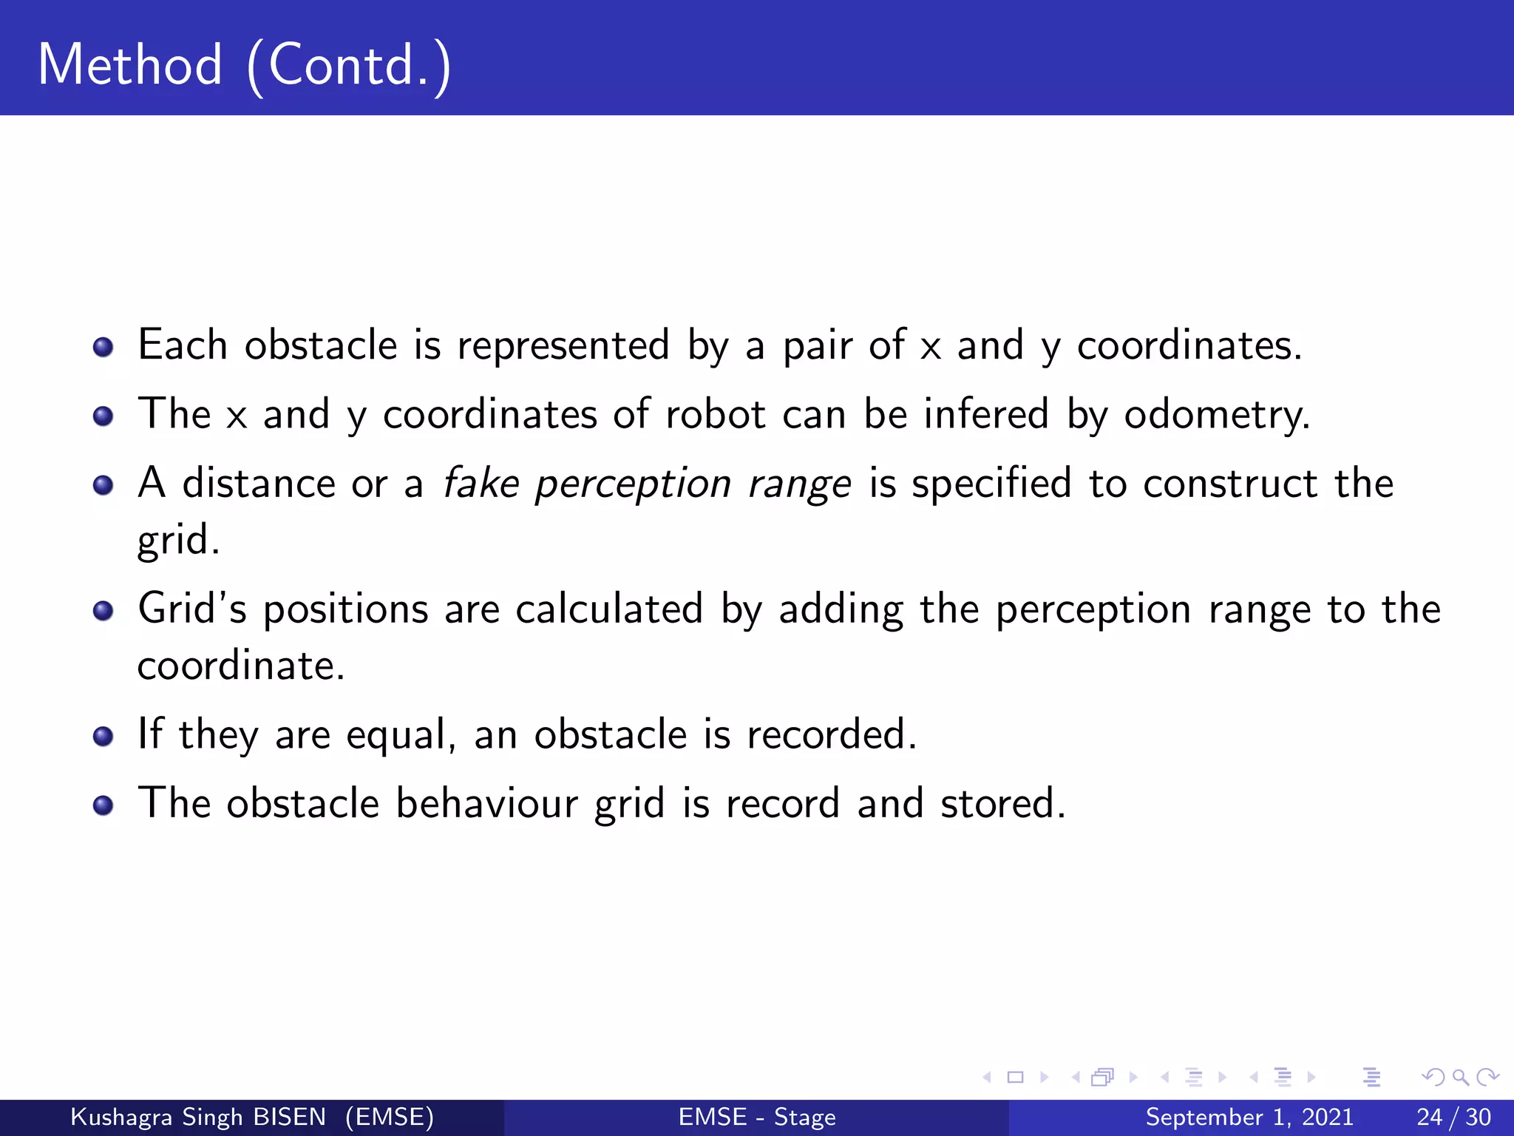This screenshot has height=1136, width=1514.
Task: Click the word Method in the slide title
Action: [x=130, y=65]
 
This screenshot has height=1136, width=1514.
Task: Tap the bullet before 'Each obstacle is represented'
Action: [x=103, y=347]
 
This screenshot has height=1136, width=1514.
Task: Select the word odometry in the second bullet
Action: [x=1216, y=415]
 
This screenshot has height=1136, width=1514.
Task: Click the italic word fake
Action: [x=481, y=484]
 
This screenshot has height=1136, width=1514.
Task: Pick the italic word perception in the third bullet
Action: [x=633, y=485]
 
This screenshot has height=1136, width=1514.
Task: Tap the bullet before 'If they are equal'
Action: [x=103, y=737]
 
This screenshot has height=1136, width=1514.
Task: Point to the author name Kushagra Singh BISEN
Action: [x=198, y=1117]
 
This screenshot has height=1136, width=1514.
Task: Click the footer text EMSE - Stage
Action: [x=757, y=1117]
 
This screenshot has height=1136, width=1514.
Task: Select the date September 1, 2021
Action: [x=1249, y=1117]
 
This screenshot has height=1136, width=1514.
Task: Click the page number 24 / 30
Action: [x=1453, y=1117]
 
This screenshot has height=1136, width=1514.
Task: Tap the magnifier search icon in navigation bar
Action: [x=1460, y=1077]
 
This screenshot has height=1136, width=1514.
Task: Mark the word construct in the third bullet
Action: [x=1230, y=484]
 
